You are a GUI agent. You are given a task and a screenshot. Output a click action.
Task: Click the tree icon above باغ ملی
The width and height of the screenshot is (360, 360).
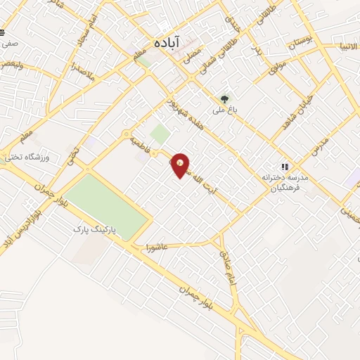click(224, 99)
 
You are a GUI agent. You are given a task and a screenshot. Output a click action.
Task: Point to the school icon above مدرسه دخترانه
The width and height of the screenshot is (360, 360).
click(284, 167)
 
